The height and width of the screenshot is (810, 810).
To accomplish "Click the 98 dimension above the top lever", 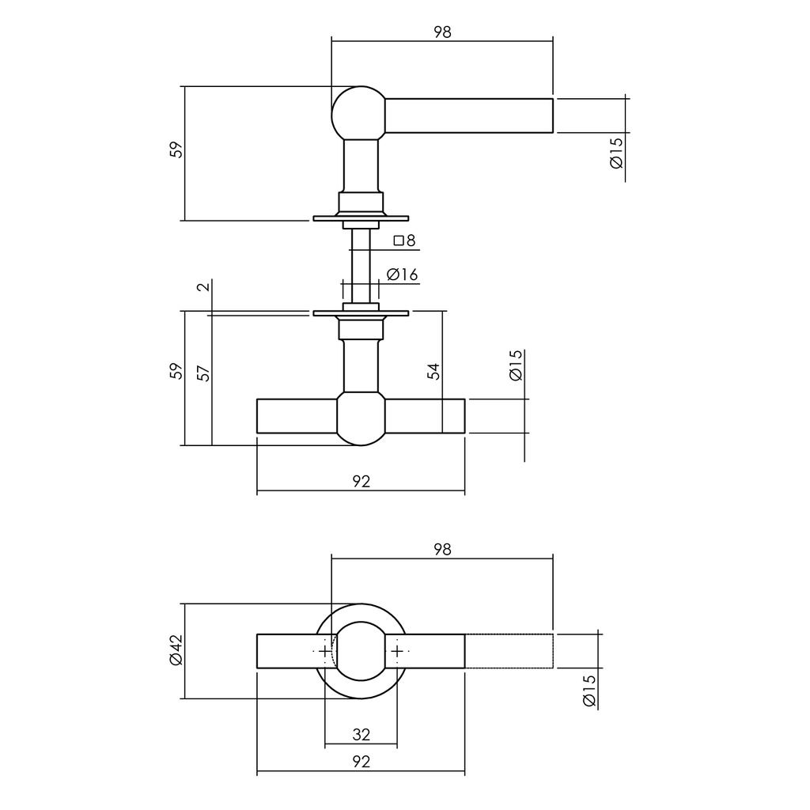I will pos(442,32).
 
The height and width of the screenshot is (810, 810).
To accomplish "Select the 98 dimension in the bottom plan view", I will pos(442,550).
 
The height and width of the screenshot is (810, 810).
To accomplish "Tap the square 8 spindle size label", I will pos(404,240).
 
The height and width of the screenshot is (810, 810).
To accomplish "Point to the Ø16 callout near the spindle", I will pos(402,274).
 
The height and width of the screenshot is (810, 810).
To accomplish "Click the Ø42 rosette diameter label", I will pos(176,650).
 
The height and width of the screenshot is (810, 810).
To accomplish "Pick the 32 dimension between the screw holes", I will pos(361,735).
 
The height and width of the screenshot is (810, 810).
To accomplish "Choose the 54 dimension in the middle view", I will pos(433,371).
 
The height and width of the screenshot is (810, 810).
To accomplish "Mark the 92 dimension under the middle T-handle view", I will pos(361,481).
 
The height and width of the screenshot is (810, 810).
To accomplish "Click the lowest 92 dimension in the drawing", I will pos(361,762).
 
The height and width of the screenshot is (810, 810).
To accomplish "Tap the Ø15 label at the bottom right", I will pos(589,691).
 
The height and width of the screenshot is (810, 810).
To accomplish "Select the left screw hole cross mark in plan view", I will pos(325,651).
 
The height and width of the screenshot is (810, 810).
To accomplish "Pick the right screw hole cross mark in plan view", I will pos(397,651).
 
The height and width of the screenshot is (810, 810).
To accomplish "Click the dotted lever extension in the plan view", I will pos(508,651).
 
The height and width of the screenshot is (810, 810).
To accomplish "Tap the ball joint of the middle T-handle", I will pos(361,417).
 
